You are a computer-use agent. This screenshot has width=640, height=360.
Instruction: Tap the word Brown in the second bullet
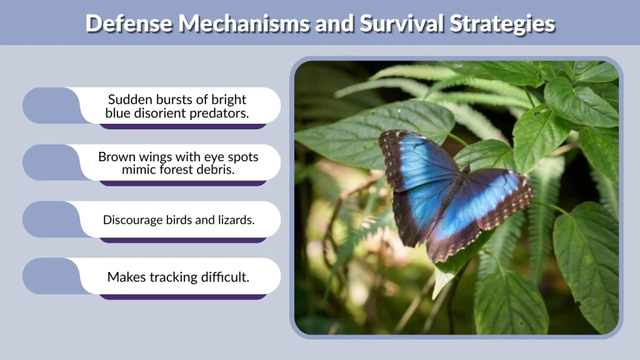click(x=116, y=157)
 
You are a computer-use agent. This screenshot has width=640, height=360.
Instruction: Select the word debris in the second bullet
click(x=214, y=170)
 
